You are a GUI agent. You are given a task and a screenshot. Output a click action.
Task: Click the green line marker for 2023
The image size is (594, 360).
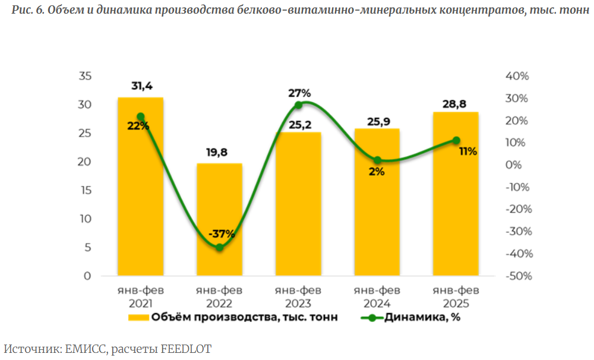[298, 105]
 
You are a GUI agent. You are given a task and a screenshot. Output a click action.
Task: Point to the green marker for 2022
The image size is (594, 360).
[219, 247]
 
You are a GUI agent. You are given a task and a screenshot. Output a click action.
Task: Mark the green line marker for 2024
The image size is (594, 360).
[377, 160]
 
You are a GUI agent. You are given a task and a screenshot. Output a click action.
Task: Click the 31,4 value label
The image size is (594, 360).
[140, 87]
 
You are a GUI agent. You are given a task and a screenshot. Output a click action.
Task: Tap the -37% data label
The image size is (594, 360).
[221, 233]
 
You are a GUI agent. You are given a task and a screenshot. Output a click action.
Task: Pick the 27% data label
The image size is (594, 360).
[299, 93]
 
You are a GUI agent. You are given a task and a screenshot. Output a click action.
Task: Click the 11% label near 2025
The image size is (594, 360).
[467, 151]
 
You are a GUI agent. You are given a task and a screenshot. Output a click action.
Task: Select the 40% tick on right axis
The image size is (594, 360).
[516, 76]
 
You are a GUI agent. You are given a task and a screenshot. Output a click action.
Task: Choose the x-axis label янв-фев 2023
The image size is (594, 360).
[298, 296]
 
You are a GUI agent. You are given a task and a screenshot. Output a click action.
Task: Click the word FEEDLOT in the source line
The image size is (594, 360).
[186, 349]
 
